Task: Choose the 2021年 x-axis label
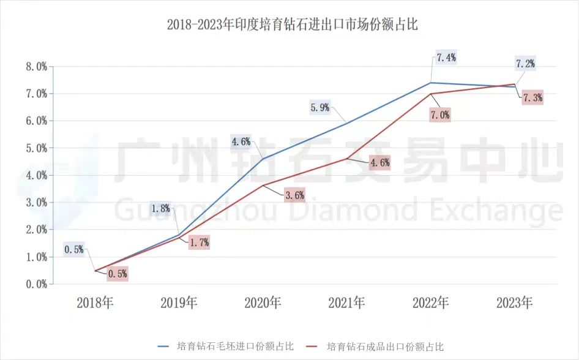[346, 302]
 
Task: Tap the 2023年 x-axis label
[514, 302]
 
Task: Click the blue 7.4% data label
[446, 58]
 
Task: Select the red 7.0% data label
[440, 114]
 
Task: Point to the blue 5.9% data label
[320, 108]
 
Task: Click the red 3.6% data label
[294, 195]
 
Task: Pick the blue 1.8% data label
[160, 208]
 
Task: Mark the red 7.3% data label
[532, 98]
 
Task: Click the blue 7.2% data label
[525, 63]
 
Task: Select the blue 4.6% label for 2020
[241, 142]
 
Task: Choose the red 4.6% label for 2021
[379, 163]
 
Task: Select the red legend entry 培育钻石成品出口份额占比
[385, 346]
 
